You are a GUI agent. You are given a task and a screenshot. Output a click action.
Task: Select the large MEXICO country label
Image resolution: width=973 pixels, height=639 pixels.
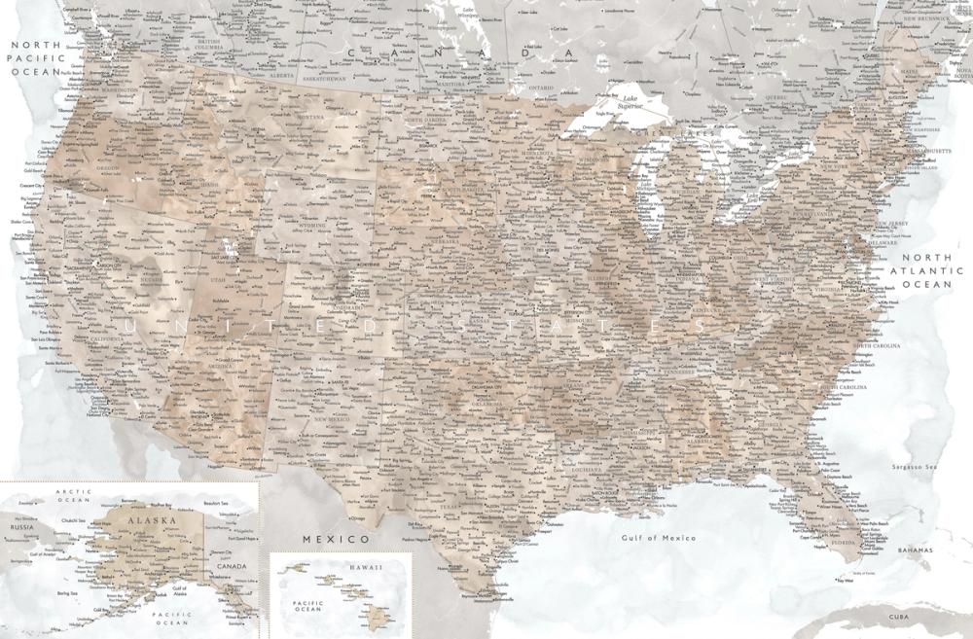pos(335,538)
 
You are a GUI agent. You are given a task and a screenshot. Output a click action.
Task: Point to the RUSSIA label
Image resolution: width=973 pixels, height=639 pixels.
pos(23,526)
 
